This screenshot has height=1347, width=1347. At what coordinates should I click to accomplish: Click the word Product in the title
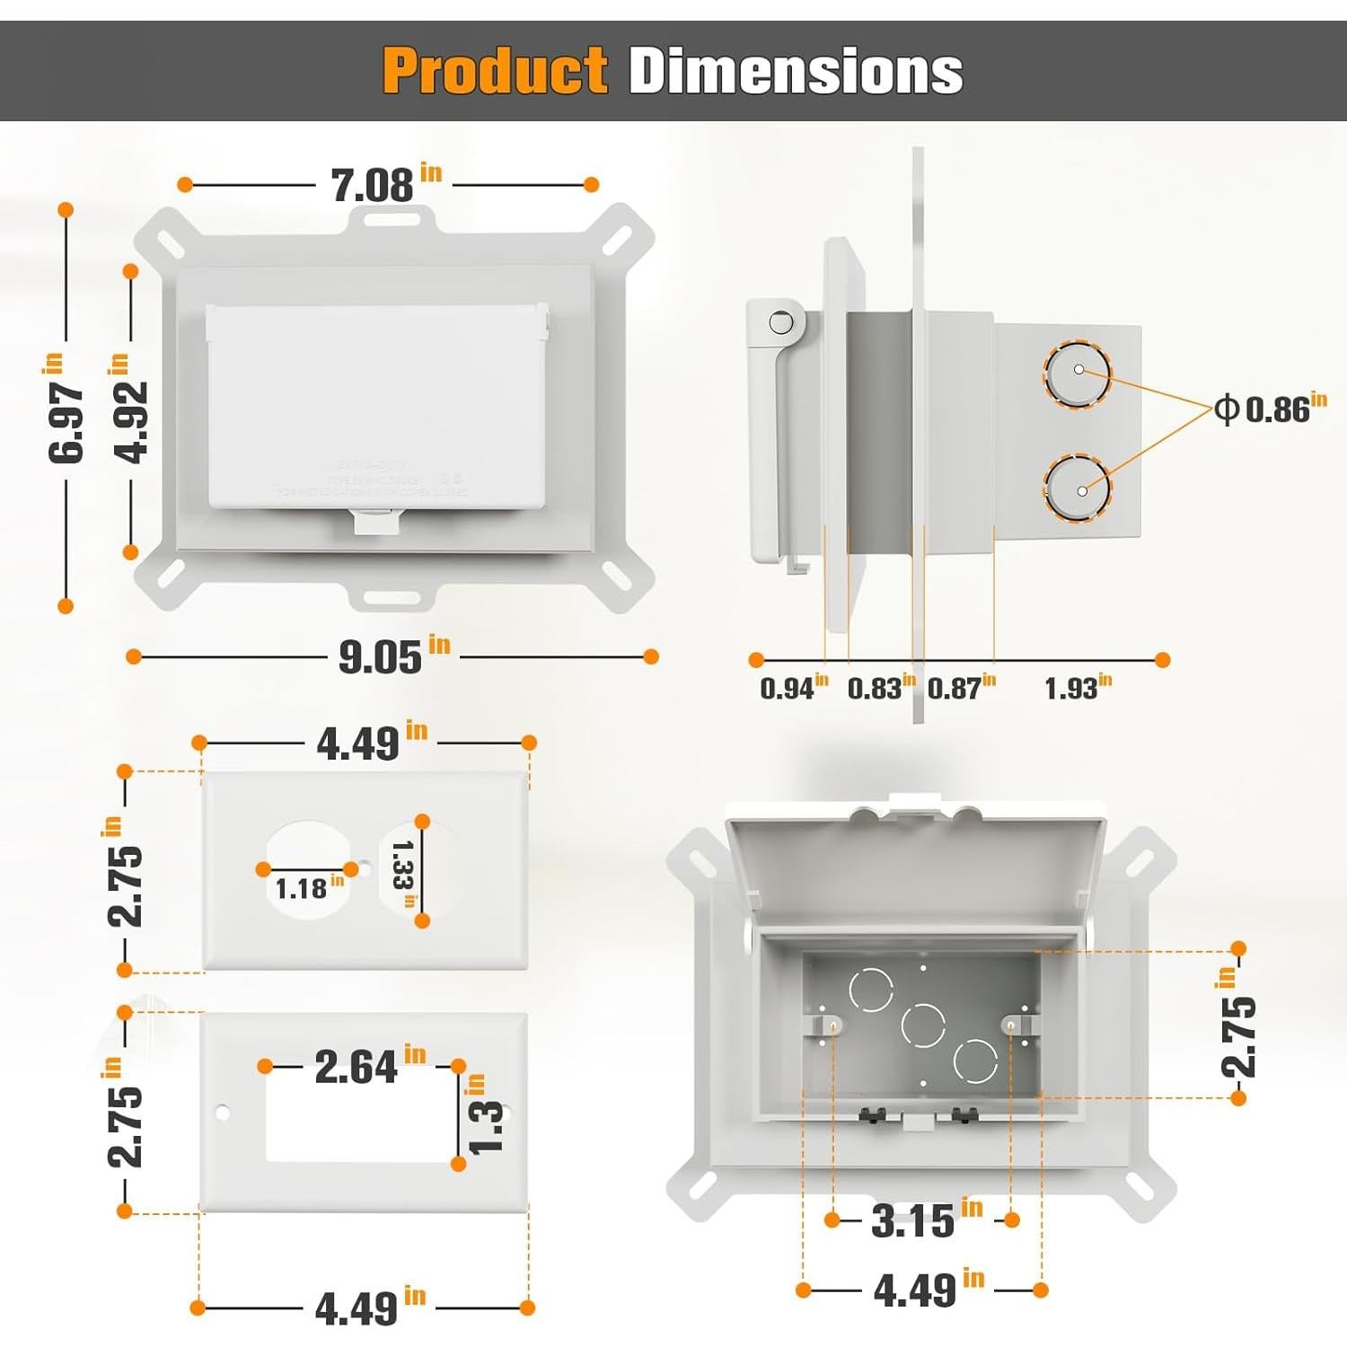495,71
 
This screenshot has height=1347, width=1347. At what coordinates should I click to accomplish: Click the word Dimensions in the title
796,71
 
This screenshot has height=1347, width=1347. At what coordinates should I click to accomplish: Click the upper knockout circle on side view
1077,373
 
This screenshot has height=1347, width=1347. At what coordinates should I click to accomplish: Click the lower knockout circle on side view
1077,489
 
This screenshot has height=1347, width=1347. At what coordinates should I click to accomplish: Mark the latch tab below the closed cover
375,522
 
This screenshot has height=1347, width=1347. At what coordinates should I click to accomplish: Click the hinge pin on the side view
781,322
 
